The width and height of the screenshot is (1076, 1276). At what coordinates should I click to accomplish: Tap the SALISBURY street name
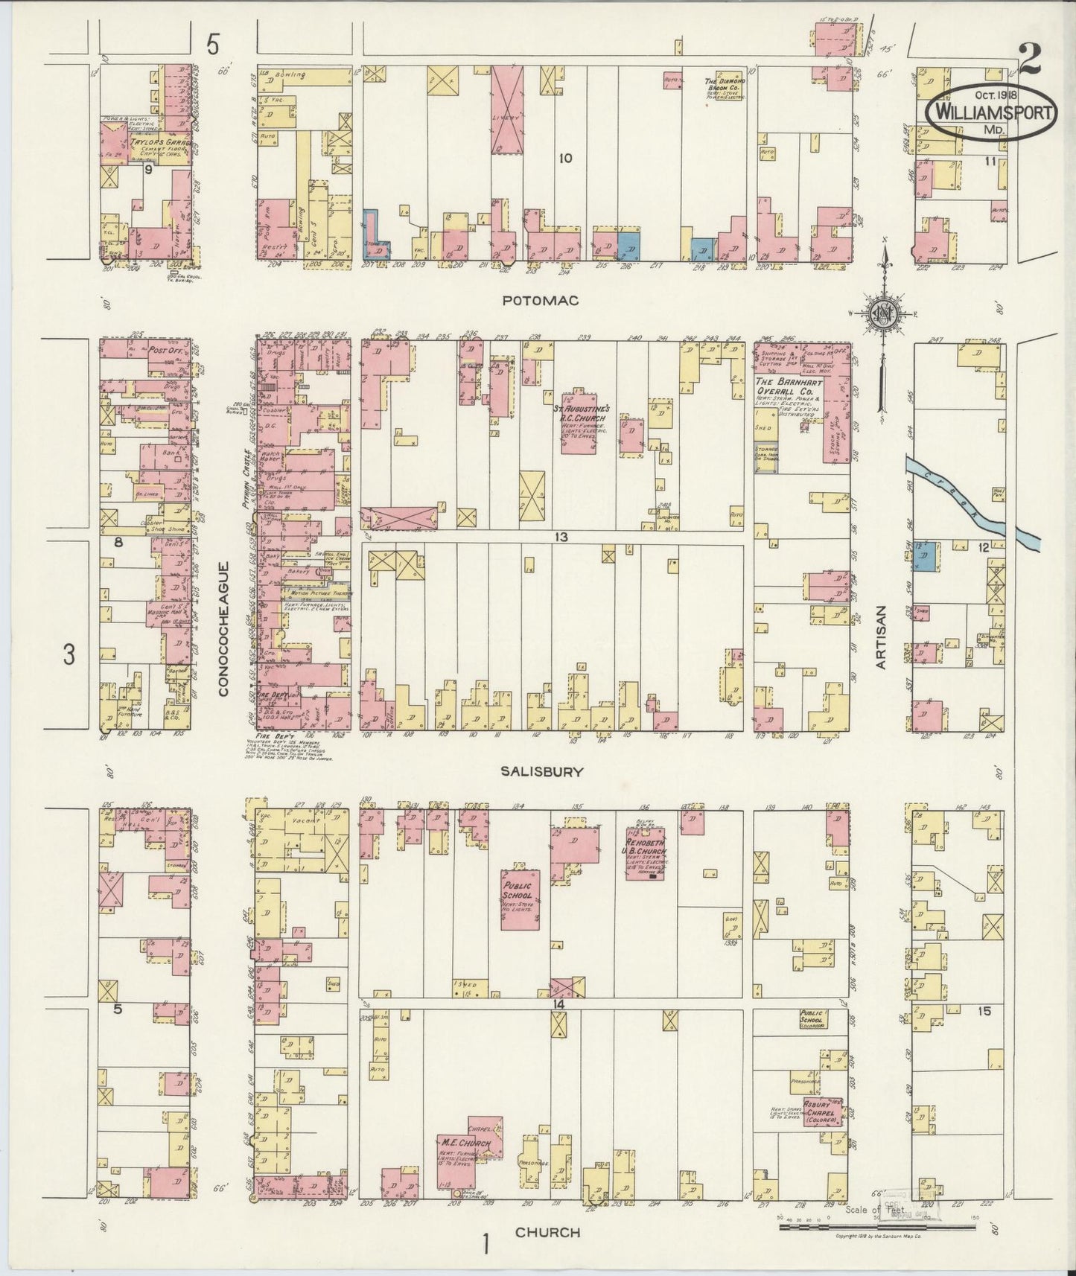pyautogui.click(x=541, y=772)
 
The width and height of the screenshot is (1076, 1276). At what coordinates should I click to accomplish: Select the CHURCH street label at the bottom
pyautogui.click(x=547, y=1232)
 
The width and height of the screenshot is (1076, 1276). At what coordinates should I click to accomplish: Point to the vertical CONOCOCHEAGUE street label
pyautogui.click(x=223, y=629)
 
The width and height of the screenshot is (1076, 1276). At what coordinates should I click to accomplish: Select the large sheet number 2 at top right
pyautogui.click(x=1031, y=57)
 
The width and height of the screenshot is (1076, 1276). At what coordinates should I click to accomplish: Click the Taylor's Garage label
pyautogui.click(x=158, y=142)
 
